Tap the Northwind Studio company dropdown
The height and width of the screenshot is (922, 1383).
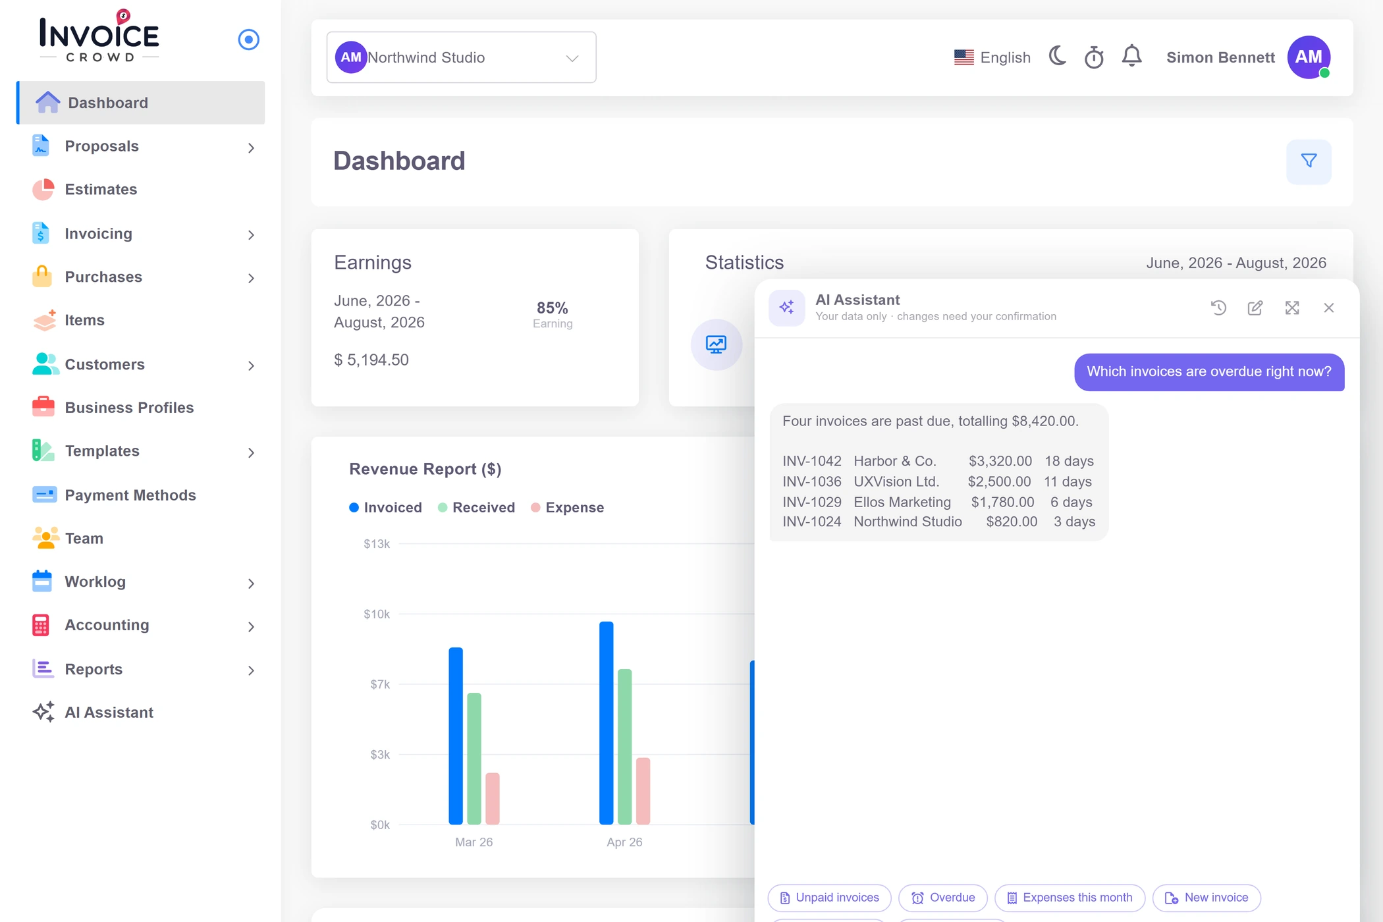point(461,57)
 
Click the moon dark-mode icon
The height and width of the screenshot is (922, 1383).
point(1058,57)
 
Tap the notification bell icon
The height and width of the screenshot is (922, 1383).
point(1131,57)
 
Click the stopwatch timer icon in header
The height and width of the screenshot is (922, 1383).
point(1094,57)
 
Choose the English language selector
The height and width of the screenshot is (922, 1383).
point(992,57)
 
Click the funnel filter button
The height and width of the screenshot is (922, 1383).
point(1309,161)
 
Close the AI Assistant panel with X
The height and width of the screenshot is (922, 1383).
point(1328,308)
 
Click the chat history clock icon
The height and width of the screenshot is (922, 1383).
point(1218,308)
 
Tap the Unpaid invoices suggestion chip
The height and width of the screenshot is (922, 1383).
point(829,898)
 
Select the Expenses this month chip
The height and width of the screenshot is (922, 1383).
point(1070,898)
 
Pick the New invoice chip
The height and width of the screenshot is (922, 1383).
point(1207,898)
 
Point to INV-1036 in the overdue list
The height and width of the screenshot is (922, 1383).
point(812,481)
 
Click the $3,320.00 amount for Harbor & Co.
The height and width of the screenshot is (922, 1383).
point(1000,461)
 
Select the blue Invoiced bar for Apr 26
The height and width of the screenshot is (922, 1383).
point(606,722)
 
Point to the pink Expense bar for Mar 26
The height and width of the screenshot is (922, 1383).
point(493,798)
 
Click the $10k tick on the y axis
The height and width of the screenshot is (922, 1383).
point(377,614)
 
